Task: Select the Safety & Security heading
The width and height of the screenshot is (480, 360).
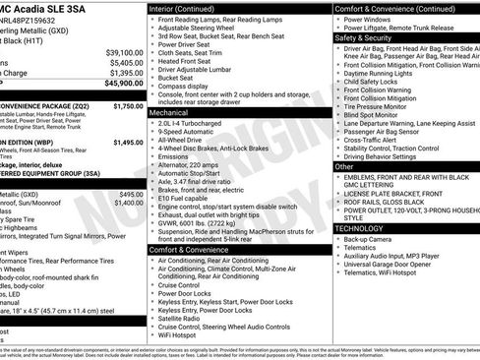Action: point(363,37)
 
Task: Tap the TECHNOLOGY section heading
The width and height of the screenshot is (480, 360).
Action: point(359,228)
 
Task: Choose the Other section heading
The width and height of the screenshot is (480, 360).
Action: point(344,167)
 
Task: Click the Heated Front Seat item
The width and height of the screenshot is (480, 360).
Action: point(189,61)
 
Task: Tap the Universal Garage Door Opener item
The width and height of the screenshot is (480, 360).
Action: point(396,266)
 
